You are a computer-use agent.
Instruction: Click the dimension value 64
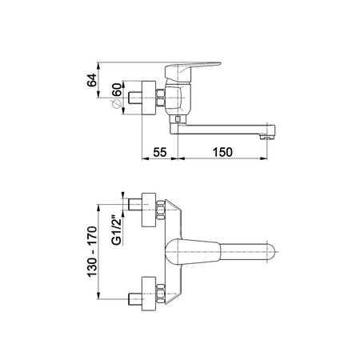91,80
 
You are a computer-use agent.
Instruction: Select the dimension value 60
117,90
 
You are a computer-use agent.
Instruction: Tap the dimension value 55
160,152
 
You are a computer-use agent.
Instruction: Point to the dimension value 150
222,152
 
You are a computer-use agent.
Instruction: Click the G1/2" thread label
117,230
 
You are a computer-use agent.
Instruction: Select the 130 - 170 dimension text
92,252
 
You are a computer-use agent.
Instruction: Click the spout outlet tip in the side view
268,138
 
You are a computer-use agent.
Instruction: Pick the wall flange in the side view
149,98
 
